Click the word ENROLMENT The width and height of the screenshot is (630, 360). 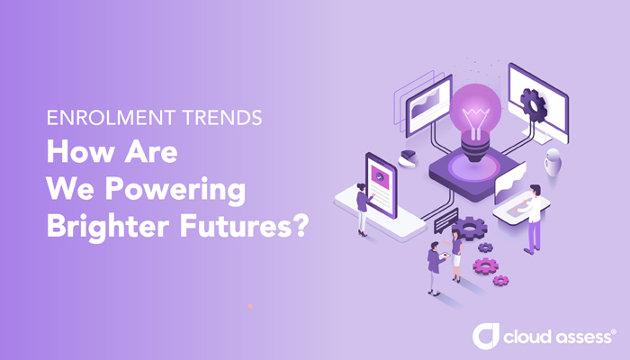coord(98,119)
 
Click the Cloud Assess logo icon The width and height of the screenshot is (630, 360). coord(486,337)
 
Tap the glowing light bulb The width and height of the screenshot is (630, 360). coord(473,117)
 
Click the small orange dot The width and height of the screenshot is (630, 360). coord(250,305)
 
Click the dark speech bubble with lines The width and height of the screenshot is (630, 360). coord(445,220)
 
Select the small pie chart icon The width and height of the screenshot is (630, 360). coord(407,157)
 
